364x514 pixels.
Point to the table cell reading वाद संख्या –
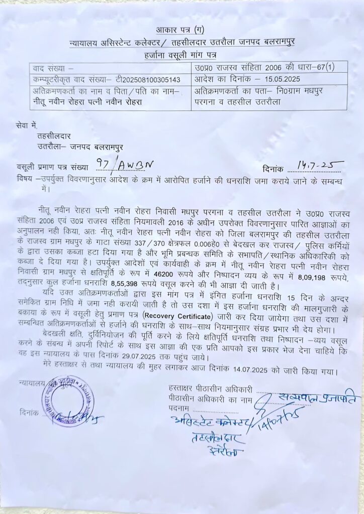click(x=53, y=68)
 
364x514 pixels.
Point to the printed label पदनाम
click(x=179, y=410)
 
